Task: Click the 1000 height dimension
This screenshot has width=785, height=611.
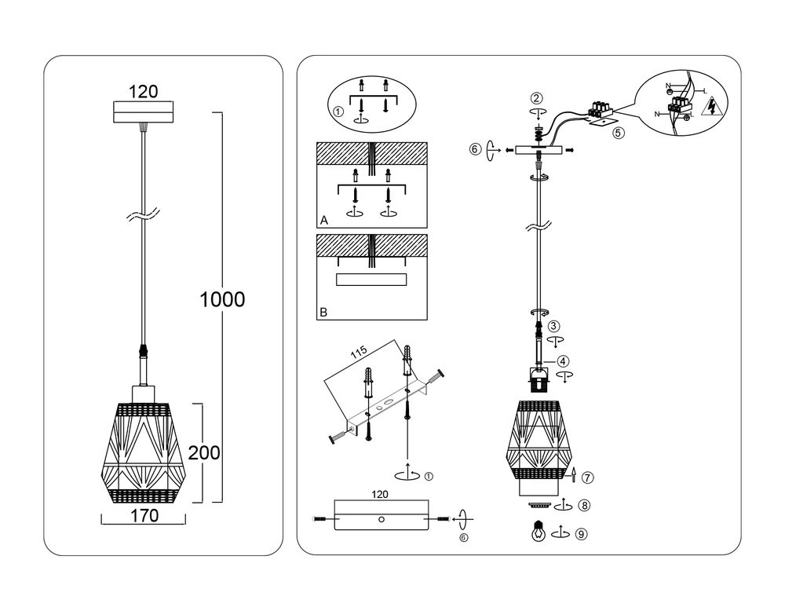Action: click(x=222, y=299)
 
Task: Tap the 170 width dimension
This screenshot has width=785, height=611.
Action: click(x=143, y=516)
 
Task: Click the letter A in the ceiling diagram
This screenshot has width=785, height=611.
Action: click(x=323, y=221)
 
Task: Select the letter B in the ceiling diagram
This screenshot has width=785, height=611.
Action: click(x=323, y=312)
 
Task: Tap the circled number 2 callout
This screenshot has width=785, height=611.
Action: click(x=536, y=98)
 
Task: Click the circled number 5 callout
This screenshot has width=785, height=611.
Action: click(x=619, y=133)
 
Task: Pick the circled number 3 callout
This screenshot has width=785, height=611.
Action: click(x=554, y=326)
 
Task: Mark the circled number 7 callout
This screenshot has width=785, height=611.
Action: click(x=588, y=477)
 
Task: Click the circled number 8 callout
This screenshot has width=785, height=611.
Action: click(x=582, y=506)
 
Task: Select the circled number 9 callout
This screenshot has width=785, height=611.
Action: click(x=581, y=533)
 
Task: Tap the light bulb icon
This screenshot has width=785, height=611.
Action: click(x=539, y=531)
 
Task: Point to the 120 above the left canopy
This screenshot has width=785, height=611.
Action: click(x=143, y=91)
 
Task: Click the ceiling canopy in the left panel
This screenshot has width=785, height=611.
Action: click(x=143, y=112)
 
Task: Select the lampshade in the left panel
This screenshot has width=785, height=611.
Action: click(x=143, y=453)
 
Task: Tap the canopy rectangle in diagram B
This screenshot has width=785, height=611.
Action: click(x=371, y=280)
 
